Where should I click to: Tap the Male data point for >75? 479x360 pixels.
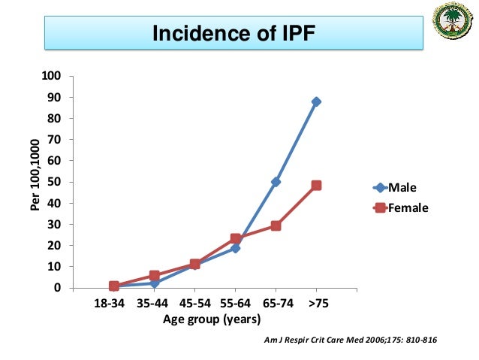(316, 101)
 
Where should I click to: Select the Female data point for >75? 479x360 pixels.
(316, 185)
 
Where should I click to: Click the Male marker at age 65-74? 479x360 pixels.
(276, 182)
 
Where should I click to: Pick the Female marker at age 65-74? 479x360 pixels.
(276, 225)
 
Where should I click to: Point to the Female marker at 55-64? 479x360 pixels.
(235, 239)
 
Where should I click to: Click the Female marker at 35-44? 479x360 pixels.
(154, 276)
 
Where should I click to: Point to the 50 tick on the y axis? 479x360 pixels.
(54, 182)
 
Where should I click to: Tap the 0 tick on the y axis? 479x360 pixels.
(57, 288)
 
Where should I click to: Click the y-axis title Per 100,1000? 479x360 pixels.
(35, 181)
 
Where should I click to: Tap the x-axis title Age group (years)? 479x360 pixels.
(212, 319)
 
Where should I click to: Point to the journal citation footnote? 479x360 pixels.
(351, 340)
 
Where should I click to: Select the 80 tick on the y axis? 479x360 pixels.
(54, 118)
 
